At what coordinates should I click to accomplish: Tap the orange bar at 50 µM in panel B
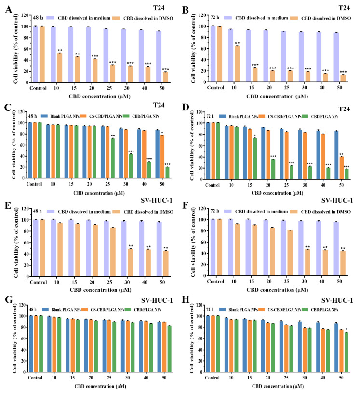(343, 78)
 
